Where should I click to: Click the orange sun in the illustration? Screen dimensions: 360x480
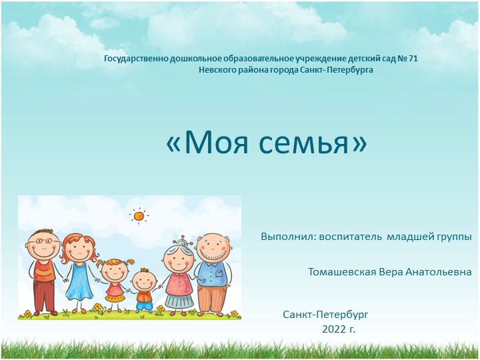[139, 215]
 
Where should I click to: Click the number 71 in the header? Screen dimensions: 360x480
[412, 59]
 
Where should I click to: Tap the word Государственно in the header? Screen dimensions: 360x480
[136, 59]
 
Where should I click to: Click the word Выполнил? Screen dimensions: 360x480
[287, 237]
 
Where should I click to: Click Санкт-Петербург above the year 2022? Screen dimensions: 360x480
[325, 314]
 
